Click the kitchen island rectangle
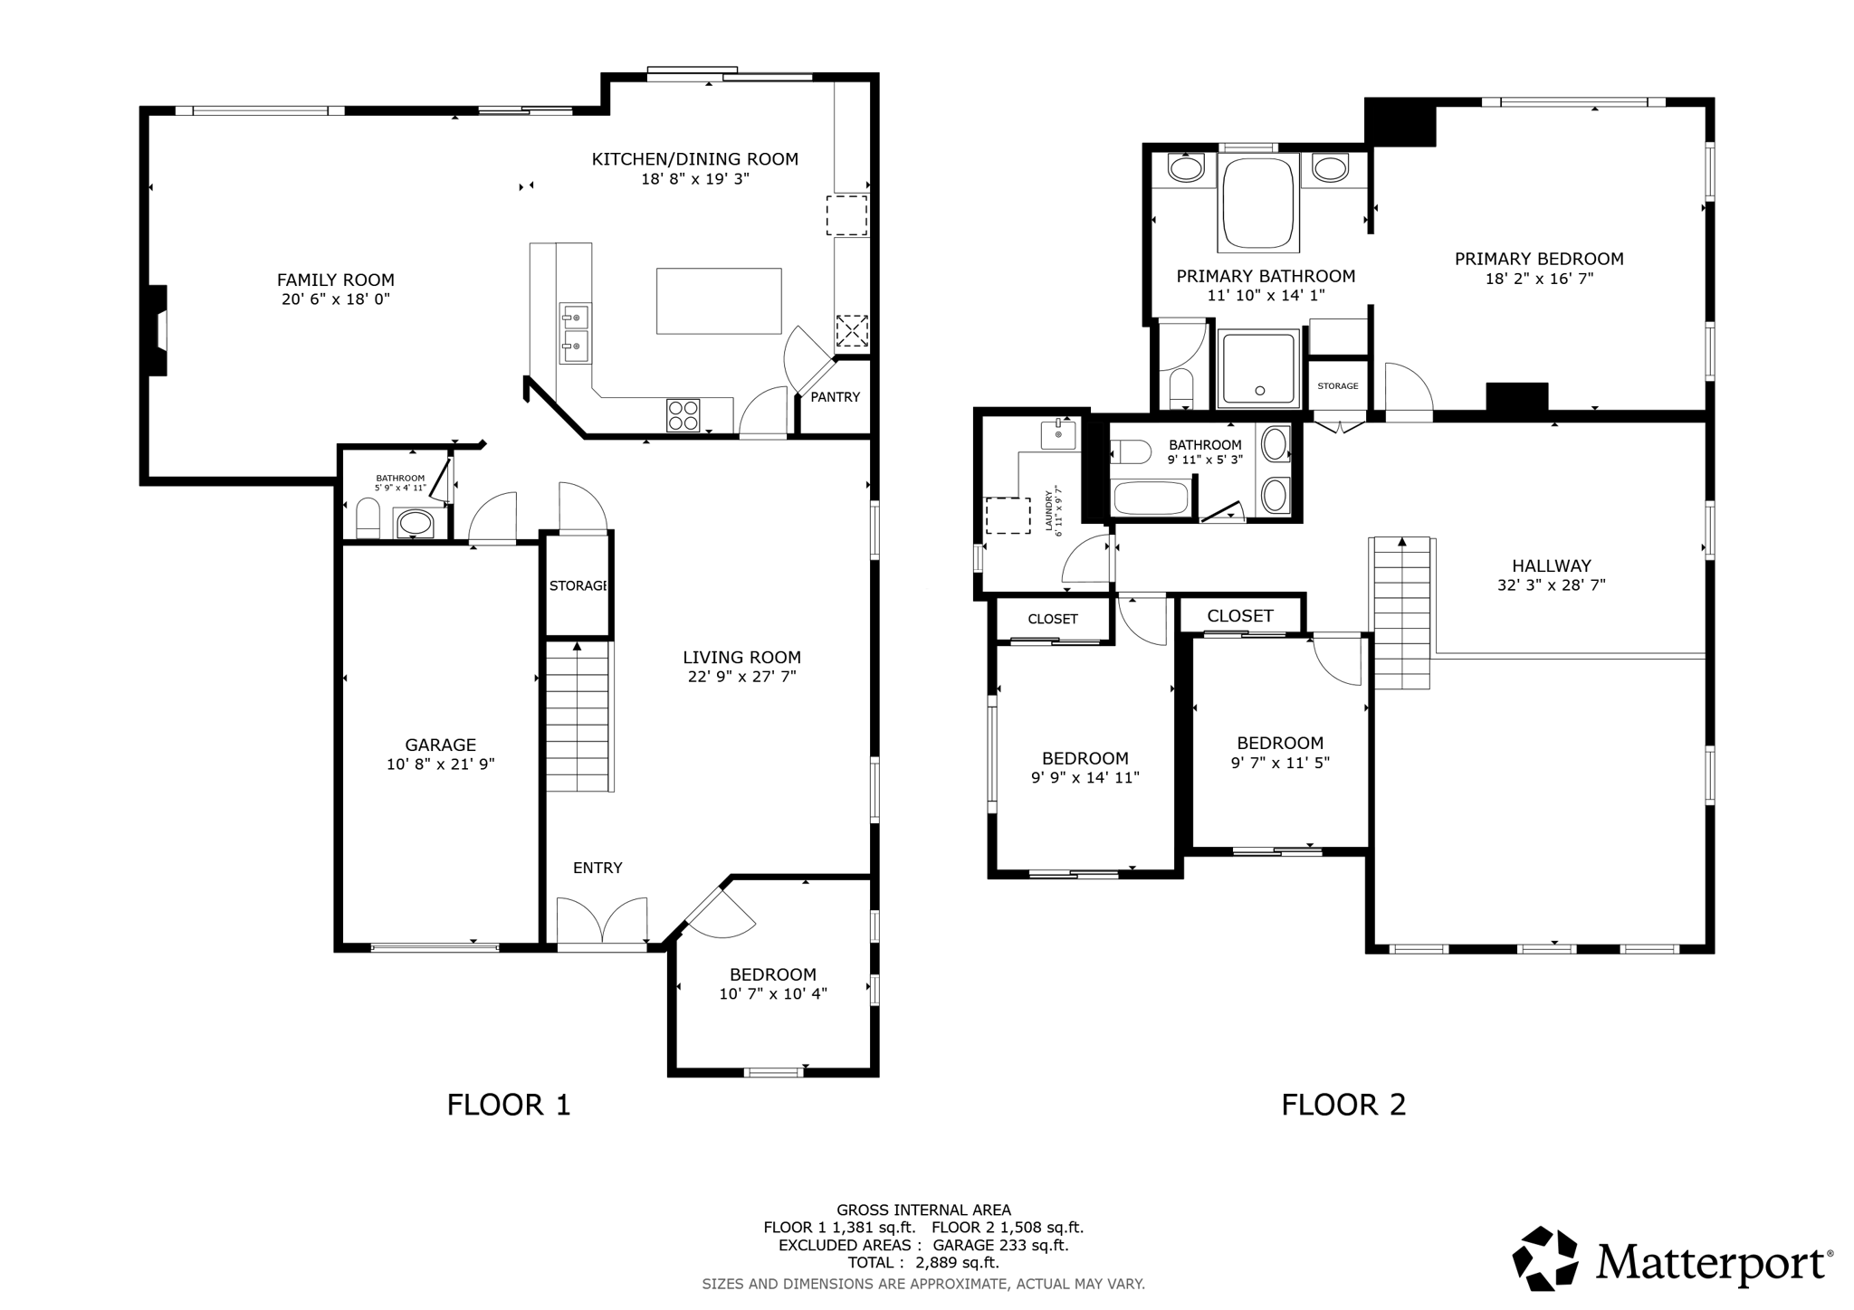tap(719, 301)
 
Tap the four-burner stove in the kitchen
tap(683, 415)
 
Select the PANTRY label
tap(835, 397)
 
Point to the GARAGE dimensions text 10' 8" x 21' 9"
tap(440, 764)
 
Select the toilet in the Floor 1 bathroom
tap(368, 521)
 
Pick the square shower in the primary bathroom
tap(1258, 368)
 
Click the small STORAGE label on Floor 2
tap(1337, 386)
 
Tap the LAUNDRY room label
tap(1053, 512)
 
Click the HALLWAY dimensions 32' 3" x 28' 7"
tap(1551, 585)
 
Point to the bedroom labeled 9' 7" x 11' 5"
tap(1279, 753)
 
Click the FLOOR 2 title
tap(1343, 1105)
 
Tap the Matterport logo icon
tap(1544, 1258)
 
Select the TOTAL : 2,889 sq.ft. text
tap(922, 1263)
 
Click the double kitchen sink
tap(575, 332)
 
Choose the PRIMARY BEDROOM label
tap(1538, 260)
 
